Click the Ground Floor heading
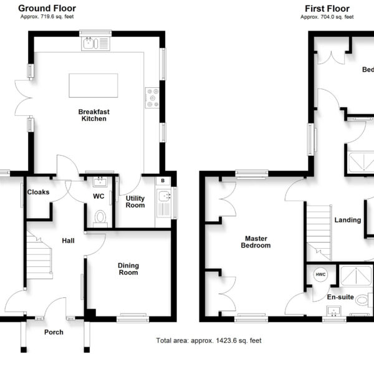tap(47, 8)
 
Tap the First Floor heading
tap(327, 9)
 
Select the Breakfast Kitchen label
tap(94, 115)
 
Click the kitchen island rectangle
tap(93, 85)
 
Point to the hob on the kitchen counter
tap(152, 98)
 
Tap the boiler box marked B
tap(163, 181)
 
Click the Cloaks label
tap(38, 192)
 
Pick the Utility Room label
tap(135, 202)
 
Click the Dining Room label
tap(128, 269)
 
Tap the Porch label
tap(54, 332)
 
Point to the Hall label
tap(68, 241)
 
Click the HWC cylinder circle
tap(320, 274)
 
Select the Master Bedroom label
tap(256, 242)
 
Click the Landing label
tap(348, 220)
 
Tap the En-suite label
tap(340, 297)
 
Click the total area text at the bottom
tap(209, 340)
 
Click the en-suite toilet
tap(364, 300)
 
